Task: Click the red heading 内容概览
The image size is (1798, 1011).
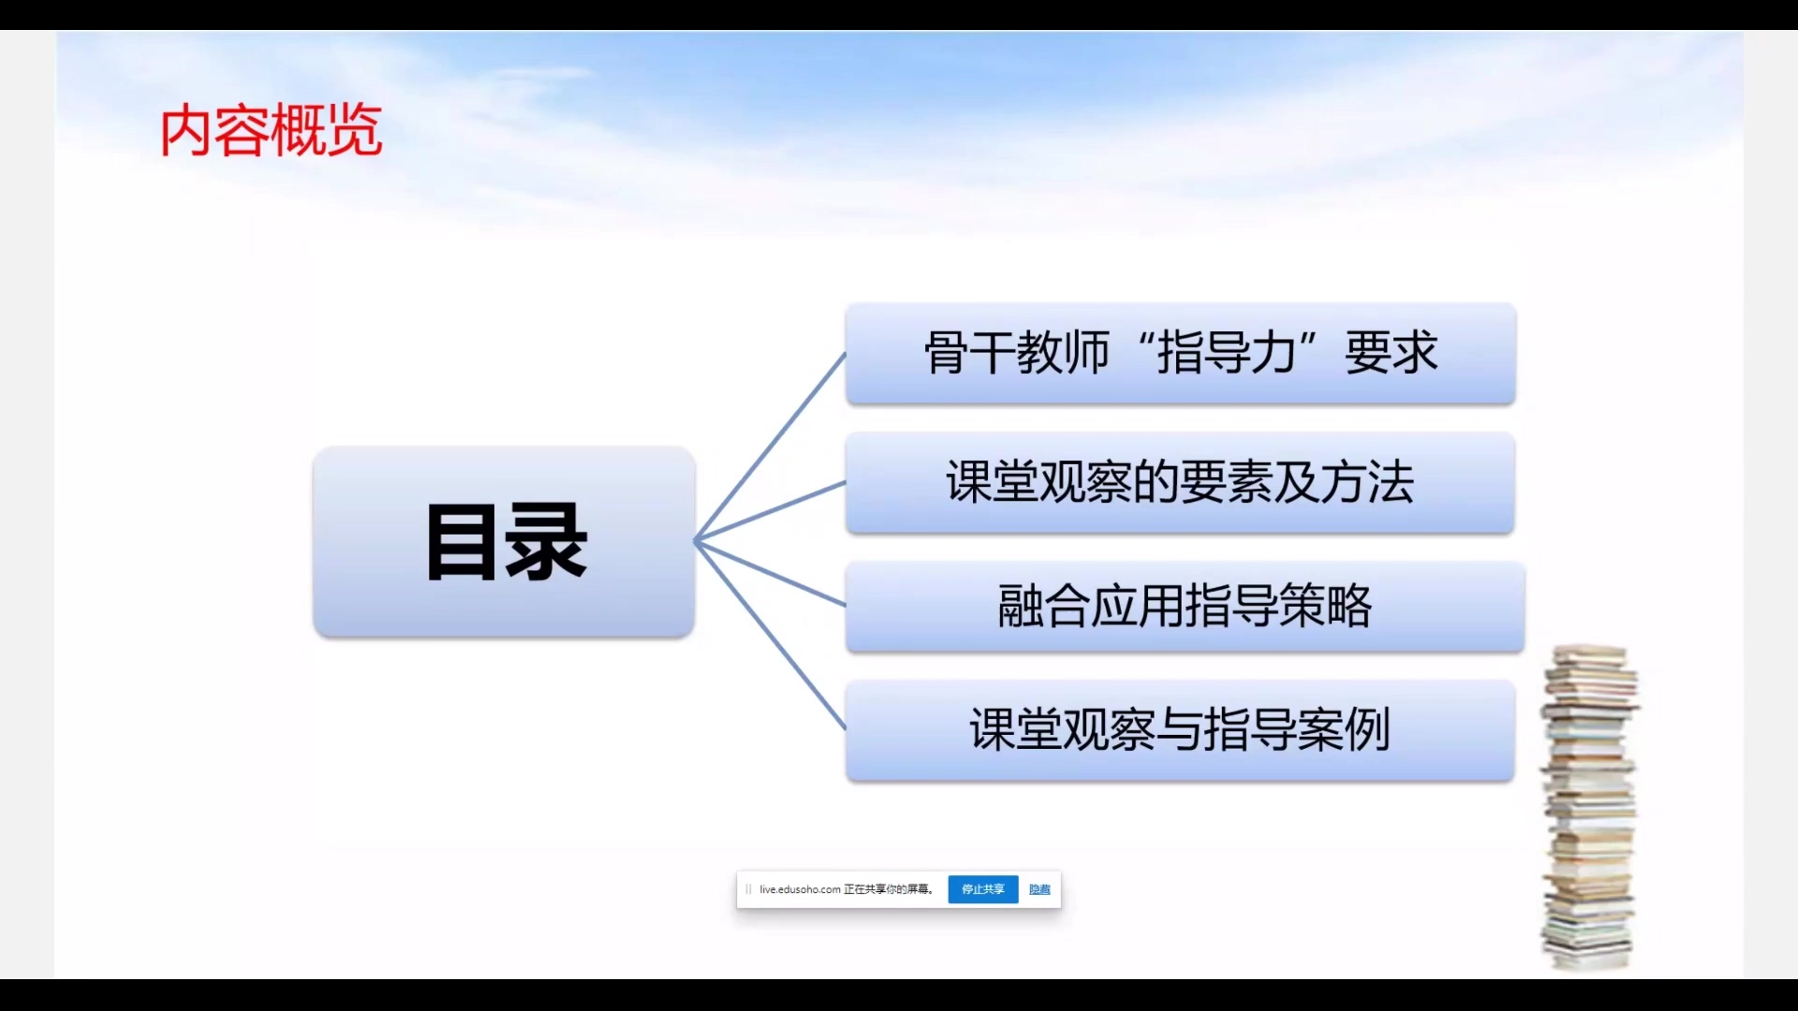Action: [271, 130]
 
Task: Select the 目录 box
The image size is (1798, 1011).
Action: [504, 542]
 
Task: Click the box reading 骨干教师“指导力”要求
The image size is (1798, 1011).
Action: [1180, 354]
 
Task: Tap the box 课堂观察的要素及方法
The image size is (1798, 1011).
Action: [1180, 483]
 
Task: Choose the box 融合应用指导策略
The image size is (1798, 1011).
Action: [1185, 607]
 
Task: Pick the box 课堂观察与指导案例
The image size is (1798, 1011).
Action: [1180, 731]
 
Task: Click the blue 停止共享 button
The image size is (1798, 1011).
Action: [982, 889]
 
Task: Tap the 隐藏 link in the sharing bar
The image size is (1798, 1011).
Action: [1039, 889]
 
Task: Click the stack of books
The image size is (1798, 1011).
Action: [1589, 808]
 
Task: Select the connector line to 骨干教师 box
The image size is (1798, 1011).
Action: [770, 447]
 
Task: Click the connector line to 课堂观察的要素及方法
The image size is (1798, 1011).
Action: [770, 512]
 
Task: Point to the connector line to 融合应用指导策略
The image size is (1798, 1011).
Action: [770, 573]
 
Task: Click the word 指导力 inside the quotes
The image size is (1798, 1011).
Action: [1227, 354]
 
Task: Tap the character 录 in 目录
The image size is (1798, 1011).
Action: [547, 543]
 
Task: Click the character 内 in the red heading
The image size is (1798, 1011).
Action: [185, 131]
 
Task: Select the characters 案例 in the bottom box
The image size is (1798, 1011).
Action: [1344, 730]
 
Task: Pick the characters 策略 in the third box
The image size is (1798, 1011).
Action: [1325, 606]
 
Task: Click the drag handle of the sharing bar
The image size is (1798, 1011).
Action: [748, 889]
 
